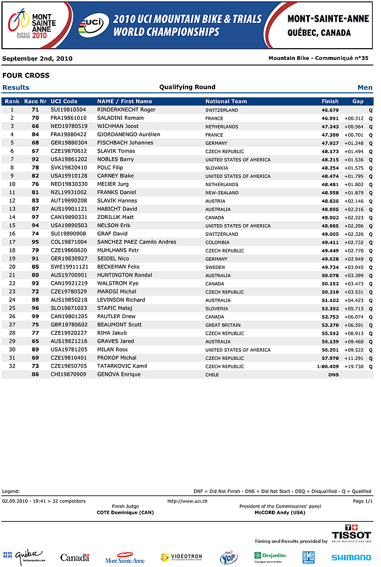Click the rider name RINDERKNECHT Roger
126,110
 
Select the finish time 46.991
330,118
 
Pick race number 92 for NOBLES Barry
35,159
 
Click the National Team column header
226,102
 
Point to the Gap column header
358,102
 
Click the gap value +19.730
353,366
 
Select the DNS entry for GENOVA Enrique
333,374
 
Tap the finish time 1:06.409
328,366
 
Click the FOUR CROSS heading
26,76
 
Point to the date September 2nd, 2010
38,59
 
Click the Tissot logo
351,534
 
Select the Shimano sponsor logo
351,558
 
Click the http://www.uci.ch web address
187,501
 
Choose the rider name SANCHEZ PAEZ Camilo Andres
137,242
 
